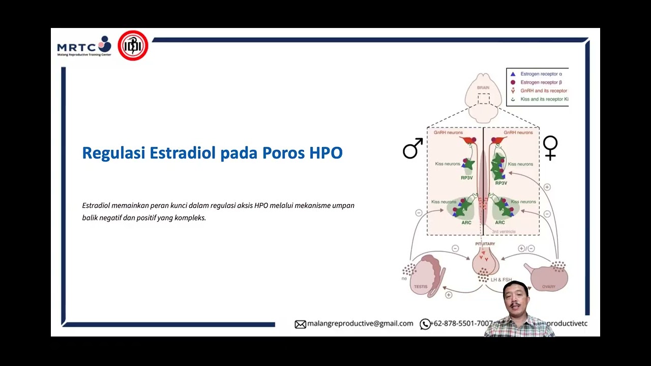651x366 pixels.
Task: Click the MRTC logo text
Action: (x=77, y=47)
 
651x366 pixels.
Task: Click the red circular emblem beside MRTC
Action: (x=133, y=46)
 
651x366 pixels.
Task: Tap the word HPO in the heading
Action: (x=325, y=153)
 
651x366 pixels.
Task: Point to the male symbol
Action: (x=412, y=148)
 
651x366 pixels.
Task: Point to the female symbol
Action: (x=550, y=148)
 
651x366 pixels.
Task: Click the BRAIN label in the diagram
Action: (x=483, y=88)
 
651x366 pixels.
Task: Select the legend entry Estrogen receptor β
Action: (x=541, y=82)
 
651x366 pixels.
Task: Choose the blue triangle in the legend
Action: (x=513, y=74)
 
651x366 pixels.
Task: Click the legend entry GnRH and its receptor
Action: (x=544, y=90)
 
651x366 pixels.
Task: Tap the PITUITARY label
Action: (x=485, y=244)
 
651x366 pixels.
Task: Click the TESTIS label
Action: (x=421, y=287)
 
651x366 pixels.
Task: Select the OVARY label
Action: (x=548, y=287)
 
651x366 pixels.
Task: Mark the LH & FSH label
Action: (x=501, y=280)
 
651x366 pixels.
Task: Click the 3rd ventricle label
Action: (x=504, y=232)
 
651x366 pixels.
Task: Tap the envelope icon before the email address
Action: (x=300, y=324)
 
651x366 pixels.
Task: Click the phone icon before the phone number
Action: (x=425, y=324)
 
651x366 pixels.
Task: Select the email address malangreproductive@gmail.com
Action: (x=360, y=323)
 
